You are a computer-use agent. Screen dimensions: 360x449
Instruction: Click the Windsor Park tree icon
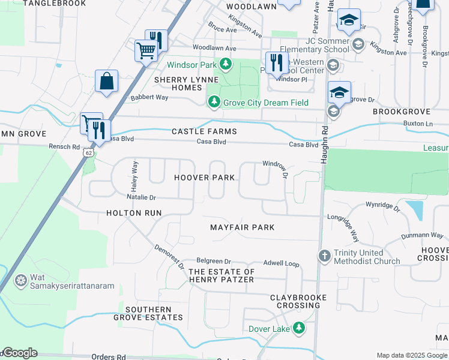(x=225, y=64)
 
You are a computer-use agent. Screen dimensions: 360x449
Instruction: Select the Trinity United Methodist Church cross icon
(x=325, y=256)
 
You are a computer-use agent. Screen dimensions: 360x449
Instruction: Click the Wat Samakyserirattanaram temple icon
(x=21, y=281)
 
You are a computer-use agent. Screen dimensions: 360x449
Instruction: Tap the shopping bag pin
(x=106, y=81)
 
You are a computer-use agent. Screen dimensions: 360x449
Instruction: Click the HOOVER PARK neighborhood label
(x=204, y=178)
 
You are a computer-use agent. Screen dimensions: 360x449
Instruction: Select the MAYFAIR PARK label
(x=242, y=227)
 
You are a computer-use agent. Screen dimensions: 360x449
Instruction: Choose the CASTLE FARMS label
(x=204, y=131)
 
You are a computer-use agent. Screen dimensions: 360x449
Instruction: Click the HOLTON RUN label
(x=134, y=212)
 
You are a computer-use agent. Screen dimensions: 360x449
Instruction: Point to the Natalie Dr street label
(x=141, y=197)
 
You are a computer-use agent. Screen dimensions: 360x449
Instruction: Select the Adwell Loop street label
(x=282, y=263)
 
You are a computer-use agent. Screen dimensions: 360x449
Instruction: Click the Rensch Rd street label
(x=64, y=146)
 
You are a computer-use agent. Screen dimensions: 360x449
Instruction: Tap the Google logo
(x=20, y=353)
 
